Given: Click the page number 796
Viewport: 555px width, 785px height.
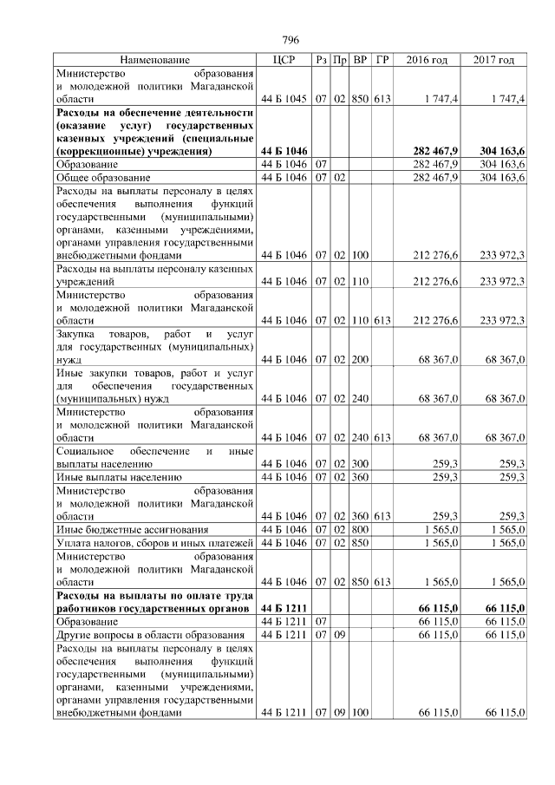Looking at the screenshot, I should coord(291,40).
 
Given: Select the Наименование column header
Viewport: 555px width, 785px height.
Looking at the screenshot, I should coord(154,60).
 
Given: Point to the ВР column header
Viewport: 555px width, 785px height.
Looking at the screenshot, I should coord(360,60).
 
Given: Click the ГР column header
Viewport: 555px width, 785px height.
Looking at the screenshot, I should coord(382,60).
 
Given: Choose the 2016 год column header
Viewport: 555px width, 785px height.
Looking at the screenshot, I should coord(427,60).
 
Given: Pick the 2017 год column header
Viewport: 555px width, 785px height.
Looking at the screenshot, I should coord(494,60).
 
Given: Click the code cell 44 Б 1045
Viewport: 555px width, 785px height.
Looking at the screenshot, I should coord(284,100).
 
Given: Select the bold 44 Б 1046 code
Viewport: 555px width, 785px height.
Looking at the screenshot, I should coord(284,152).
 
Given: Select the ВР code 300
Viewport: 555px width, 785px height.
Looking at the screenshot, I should coord(360,464).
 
